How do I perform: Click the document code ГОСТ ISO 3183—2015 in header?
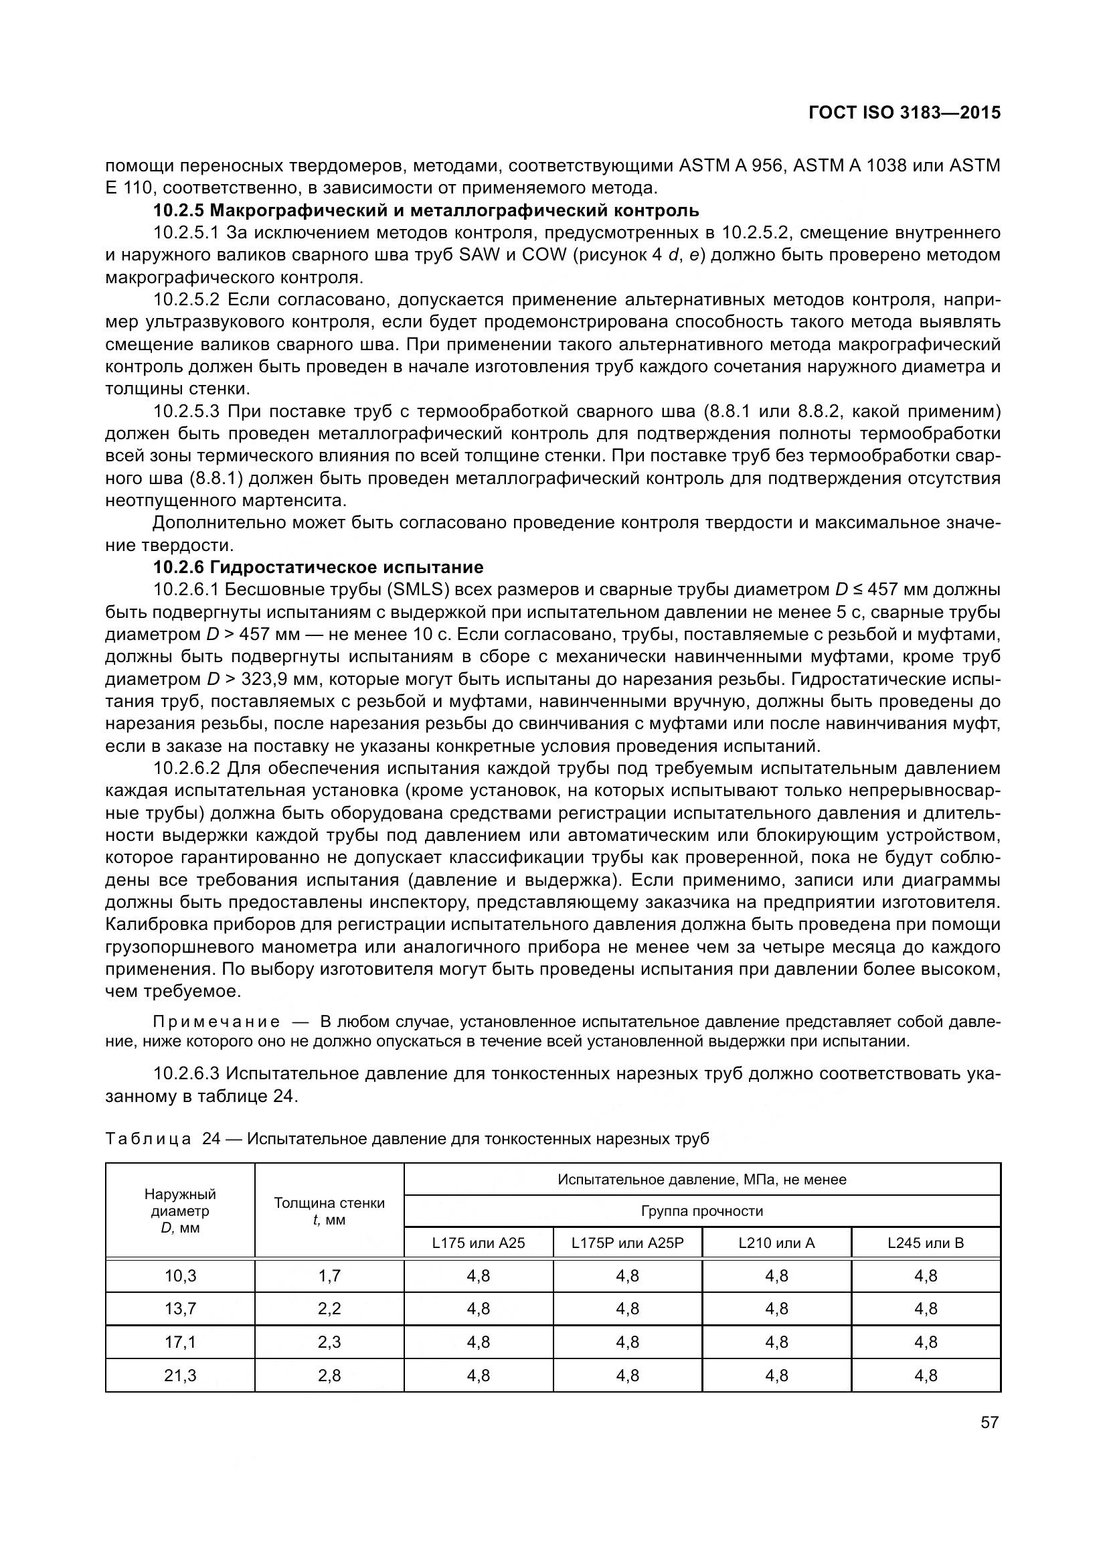click(x=904, y=112)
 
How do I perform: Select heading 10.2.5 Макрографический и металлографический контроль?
click(x=426, y=210)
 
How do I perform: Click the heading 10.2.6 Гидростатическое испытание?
click(x=319, y=568)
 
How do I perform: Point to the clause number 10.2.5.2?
click(x=185, y=300)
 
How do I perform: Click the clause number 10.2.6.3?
click(x=185, y=1073)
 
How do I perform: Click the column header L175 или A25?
click(x=479, y=1243)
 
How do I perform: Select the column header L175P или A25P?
click(x=627, y=1243)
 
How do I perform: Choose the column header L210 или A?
click(x=776, y=1243)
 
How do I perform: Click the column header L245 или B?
click(x=925, y=1243)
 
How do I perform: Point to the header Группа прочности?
click(x=702, y=1211)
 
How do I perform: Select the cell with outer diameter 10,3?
click(x=180, y=1275)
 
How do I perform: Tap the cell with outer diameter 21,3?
click(x=180, y=1376)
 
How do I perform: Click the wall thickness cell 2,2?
click(x=329, y=1309)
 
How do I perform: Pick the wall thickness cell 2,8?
click(x=329, y=1376)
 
